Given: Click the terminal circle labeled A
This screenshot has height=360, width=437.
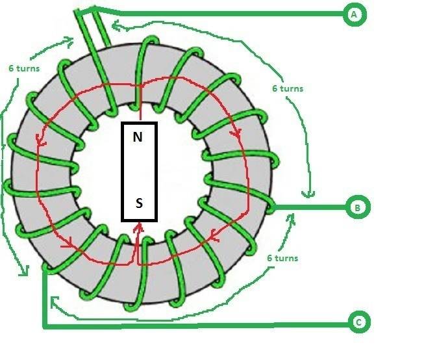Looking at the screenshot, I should [353, 14].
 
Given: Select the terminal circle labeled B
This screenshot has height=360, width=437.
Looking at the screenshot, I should [356, 208].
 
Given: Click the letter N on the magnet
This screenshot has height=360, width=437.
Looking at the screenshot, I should [138, 137].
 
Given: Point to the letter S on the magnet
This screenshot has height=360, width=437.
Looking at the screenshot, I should [138, 203].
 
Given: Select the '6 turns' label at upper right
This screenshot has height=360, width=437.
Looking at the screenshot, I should [286, 88].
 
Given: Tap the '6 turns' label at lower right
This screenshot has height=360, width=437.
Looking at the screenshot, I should [282, 258].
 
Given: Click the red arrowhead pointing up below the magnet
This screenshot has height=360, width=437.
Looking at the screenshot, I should [138, 227].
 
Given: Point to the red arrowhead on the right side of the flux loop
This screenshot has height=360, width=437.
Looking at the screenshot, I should [237, 132].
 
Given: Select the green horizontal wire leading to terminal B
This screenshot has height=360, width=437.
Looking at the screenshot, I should [312, 208].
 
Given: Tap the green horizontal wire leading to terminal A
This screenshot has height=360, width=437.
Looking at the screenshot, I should [227, 13].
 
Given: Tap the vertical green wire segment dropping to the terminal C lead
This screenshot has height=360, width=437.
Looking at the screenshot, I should [44, 299].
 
